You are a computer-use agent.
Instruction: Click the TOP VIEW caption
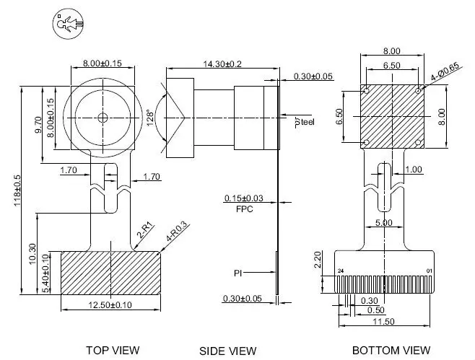coord(113,351)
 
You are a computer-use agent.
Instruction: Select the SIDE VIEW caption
coord(227,351)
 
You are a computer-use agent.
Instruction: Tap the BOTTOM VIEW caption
coord(391,351)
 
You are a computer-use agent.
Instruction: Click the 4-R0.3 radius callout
coord(176,230)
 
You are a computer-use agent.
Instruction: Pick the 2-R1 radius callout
coord(145,229)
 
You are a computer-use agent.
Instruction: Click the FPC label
coord(245,208)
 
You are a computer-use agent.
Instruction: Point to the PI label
coord(237,273)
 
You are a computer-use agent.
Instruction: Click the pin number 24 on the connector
coord(341,271)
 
